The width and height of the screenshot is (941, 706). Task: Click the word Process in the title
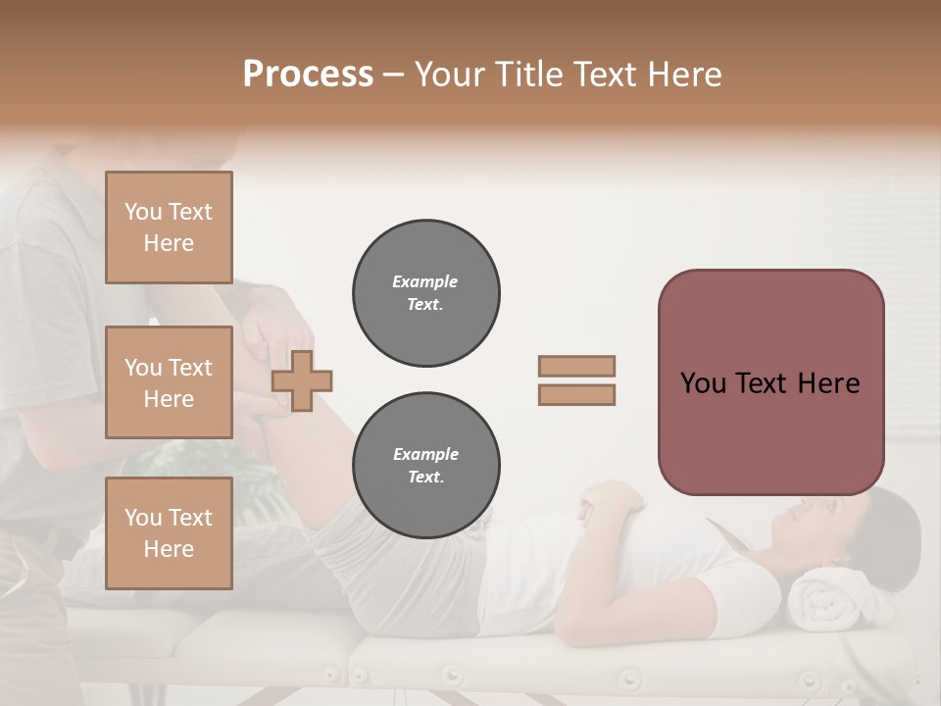tap(308, 75)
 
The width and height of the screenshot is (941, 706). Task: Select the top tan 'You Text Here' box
tap(169, 227)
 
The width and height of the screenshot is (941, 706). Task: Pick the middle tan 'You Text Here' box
tap(169, 382)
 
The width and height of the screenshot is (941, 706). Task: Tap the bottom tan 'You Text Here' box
tap(169, 532)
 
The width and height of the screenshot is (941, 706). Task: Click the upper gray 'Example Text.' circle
tap(425, 293)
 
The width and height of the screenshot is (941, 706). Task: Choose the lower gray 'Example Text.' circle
tap(425, 466)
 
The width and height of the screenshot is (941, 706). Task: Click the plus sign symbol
tap(302, 381)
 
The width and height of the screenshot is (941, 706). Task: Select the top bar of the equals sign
tap(576, 367)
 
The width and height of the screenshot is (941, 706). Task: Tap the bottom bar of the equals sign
tap(576, 395)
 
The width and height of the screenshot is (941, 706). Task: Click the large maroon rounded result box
tap(770, 382)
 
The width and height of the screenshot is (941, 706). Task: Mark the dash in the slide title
tap(394, 75)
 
